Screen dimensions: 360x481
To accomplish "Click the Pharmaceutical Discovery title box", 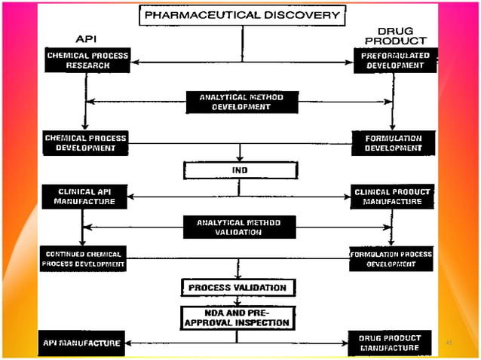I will pyautogui.click(x=240, y=14).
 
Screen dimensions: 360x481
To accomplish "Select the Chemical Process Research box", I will pyautogui.click(x=87, y=60).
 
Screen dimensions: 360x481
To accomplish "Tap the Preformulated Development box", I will pyautogui.click(x=394, y=59).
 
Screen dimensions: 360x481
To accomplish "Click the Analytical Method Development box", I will pyautogui.click(x=240, y=102).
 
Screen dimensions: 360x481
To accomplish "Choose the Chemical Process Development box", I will pyautogui.click(x=85, y=142).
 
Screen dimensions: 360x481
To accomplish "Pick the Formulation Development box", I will pyautogui.click(x=393, y=143).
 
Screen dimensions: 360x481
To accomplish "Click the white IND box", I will pyautogui.click(x=239, y=170).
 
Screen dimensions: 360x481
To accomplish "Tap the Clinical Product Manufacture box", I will pyautogui.click(x=393, y=197).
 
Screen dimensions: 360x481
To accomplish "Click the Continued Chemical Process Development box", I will pyautogui.click(x=84, y=258).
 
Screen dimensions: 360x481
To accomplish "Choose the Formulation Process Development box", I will pyautogui.click(x=391, y=258).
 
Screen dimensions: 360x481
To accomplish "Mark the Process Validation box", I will pyautogui.click(x=237, y=287).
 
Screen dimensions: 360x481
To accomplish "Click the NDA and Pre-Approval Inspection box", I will pyautogui.click(x=237, y=317).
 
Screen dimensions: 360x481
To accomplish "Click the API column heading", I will pyautogui.click(x=86, y=38).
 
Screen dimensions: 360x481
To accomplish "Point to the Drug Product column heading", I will pyautogui.click(x=402, y=35).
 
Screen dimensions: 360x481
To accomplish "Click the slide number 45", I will pyautogui.click(x=448, y=343).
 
